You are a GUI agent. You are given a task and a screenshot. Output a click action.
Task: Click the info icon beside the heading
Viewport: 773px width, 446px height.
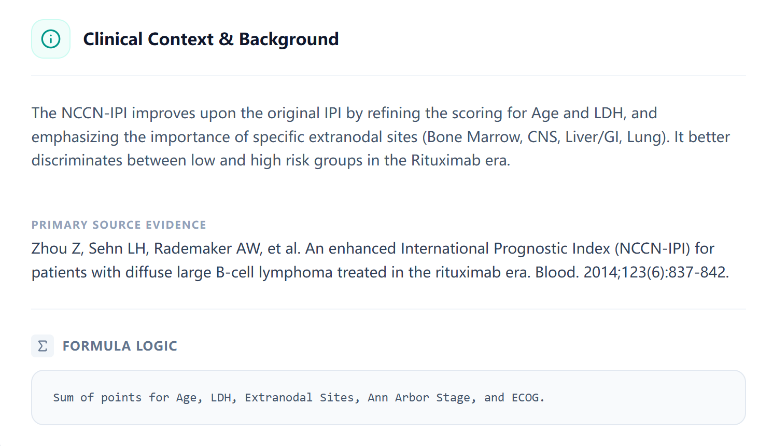pyautogui.click(x=51, y=39)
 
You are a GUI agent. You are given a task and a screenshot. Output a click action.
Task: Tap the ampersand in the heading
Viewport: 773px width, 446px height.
pyautogui.click(x=226, y=39)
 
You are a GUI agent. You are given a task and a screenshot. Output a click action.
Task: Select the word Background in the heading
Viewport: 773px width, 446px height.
pyautogui.click(x=288, y=39)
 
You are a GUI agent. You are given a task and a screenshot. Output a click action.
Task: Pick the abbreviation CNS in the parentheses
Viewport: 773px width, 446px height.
pyautogui.click(x=542, y=137)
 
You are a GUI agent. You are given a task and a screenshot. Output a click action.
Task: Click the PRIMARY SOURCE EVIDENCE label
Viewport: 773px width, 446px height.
pyautogui.click(x=119, y=225)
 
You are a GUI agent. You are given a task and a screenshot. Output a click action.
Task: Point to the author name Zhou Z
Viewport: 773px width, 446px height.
pyautogui.click(x=56, y=248)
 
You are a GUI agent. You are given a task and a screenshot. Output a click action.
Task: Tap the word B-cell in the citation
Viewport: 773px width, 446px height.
pyautogui.click(x=235, y=272)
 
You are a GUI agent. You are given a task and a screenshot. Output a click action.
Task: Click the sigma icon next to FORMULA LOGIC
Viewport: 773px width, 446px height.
pyautogui.click(x=43, y=346)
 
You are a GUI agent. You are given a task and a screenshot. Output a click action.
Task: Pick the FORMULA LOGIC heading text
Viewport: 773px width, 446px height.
pyautogui.click(x=120, y=346)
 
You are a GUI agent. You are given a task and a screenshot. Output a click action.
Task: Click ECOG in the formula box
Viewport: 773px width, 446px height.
pyautogui.click(x=526, y=398)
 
